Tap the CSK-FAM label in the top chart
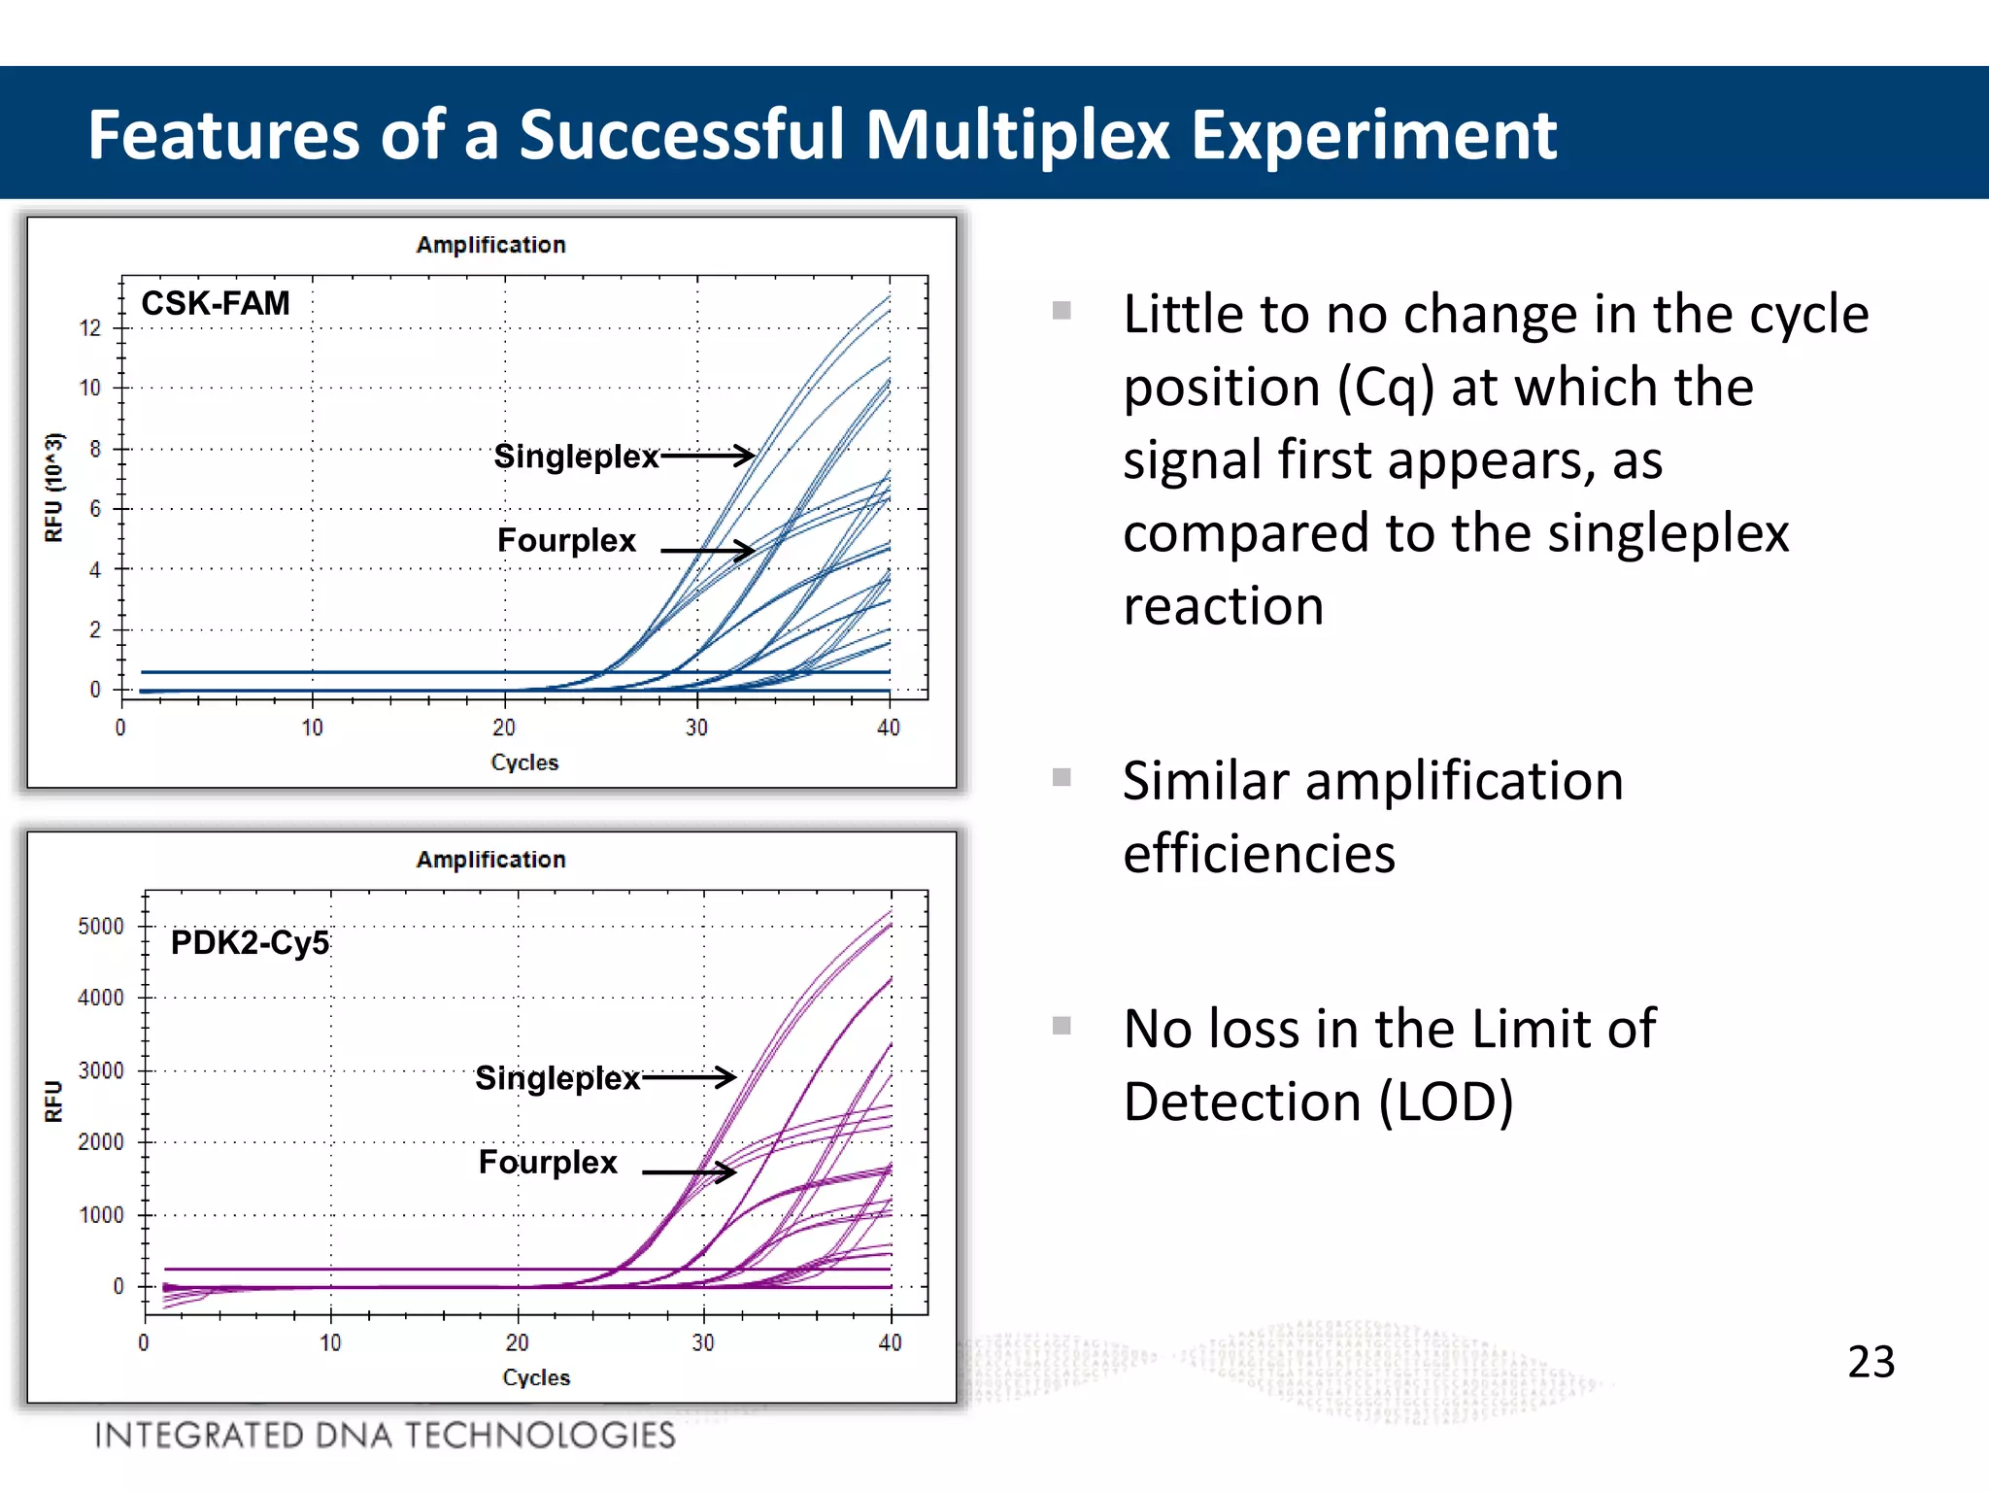(x=216, y=303)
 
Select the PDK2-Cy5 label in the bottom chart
(x=250, y=942)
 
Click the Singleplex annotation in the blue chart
(x=576, y=456)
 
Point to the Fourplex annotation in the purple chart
(x=548, y=1162)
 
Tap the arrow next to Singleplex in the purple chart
(x=689, y=1076)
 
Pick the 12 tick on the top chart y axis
(x=90, y=328)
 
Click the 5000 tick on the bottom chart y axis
(x=101, y=926)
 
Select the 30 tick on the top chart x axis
(x=696, y=728)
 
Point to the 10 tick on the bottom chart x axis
(x=330, y=1342)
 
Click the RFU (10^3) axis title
(x=53, y=488)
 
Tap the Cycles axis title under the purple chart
(x=536, y=1377)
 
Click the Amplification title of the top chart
(x=490, y=245)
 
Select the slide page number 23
(x=1871, y=1361)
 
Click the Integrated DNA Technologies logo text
(x=385, y=1435)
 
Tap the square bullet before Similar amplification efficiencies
(x=1062, y=777)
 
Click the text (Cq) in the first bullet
(x=1386, y=387)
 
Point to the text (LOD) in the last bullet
(x=1446, y=1102)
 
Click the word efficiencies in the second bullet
(x=1259, y=854)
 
